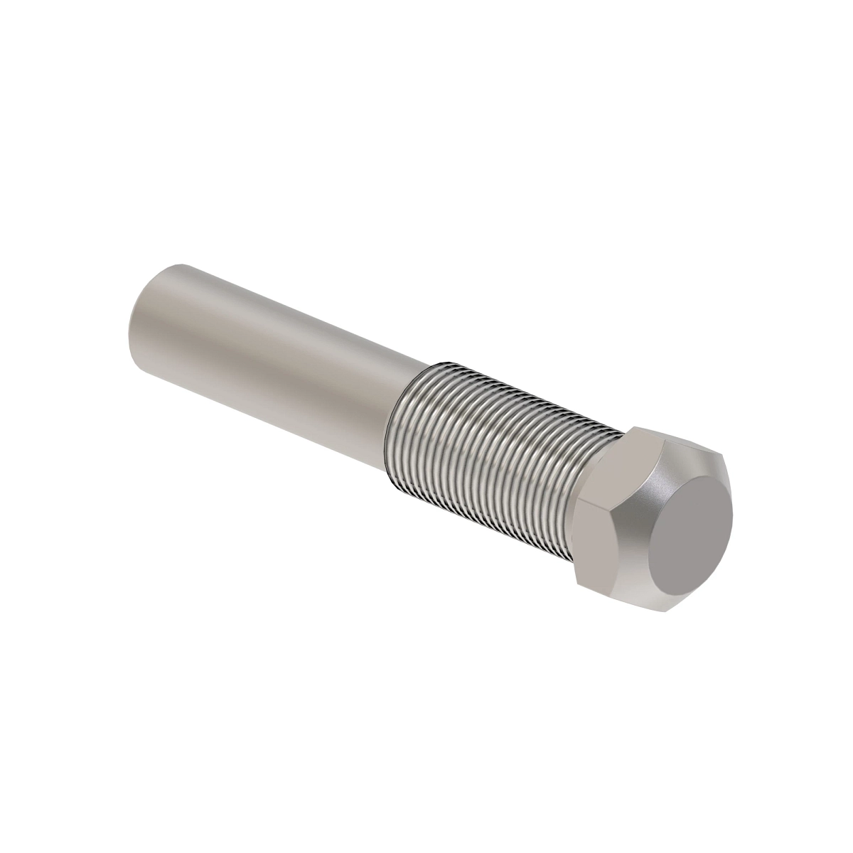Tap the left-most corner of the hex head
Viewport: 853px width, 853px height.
point(576,505)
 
